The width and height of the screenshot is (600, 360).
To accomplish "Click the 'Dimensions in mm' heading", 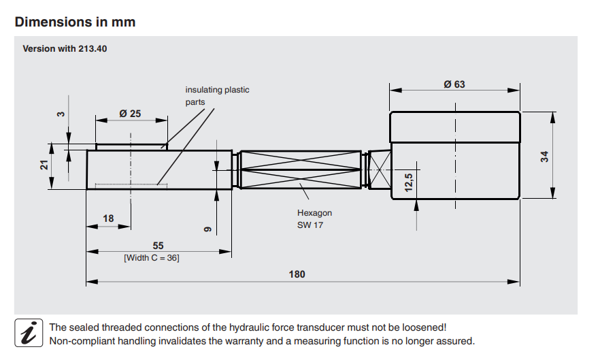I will click(x=75, y=22).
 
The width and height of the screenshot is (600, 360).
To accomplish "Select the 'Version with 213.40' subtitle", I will click(x=65, y=49).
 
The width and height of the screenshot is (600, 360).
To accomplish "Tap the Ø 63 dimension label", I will click(x=454, y=84).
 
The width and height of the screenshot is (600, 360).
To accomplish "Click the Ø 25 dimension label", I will click(x=130, y=114).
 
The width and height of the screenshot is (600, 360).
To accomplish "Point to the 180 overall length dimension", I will click(x=297, y=274).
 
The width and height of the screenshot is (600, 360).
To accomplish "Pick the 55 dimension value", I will click(x=157, y=246).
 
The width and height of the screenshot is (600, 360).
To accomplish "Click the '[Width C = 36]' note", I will click(x=151, y=258).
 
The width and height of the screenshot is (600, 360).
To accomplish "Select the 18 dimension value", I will click(x=108, y=218).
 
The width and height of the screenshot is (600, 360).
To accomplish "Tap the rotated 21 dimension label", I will click(x=44, y=165).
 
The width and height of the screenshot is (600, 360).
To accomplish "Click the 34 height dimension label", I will click(x=544, y=156).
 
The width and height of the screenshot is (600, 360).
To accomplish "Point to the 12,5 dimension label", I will click(x=408, y=183).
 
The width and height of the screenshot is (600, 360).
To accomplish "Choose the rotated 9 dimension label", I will click(x=208, y=229).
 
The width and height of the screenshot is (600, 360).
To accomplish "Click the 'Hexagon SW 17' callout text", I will click(x=314, y=219).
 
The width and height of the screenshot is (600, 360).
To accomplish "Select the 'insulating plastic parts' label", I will click(x=217, y=96).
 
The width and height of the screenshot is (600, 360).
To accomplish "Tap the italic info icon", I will click(x=29, y=333).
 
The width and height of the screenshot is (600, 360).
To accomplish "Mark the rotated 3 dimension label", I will click(x=60, y=114).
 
